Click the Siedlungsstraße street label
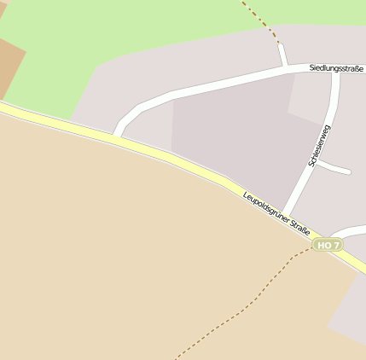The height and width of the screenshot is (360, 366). coord(336,67)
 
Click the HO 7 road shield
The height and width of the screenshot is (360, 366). coord(327,245)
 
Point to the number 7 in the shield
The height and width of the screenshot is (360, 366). coord(336,245)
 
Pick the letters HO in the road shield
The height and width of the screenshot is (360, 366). coord(322,245)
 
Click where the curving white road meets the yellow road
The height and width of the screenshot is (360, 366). coord(116,135)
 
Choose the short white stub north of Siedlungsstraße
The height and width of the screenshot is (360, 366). coord(282,55)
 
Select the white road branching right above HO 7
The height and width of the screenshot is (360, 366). coord(348,231)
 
